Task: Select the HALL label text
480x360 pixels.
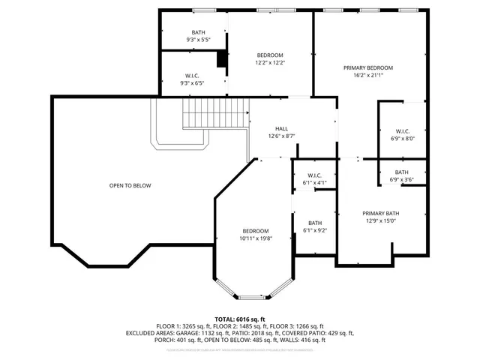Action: click(x=281, y=128)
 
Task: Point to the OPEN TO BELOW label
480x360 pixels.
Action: click(x=130, y=185)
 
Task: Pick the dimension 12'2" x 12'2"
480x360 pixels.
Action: click(x=270, y=63)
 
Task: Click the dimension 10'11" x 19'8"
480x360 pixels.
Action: click(x=255, y=238)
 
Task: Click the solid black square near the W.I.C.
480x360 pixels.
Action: click(x=222, y=60)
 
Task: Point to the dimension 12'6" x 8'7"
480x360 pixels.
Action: click(x=281, y=136)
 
